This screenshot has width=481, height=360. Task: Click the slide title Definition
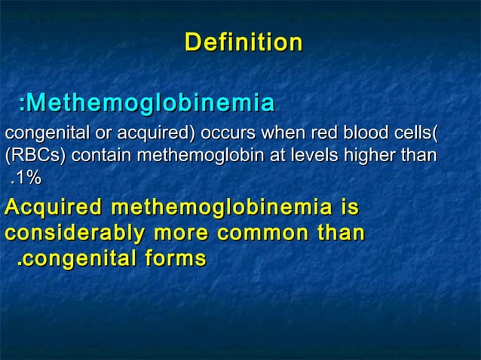point(244,42)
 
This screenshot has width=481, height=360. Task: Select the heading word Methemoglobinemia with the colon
point(146,102)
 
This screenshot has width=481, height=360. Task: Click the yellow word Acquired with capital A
point(53,206)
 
